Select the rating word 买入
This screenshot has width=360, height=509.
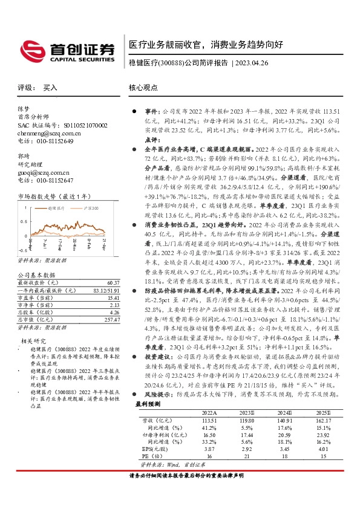(50, 88)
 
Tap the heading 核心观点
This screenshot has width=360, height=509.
(143, 88)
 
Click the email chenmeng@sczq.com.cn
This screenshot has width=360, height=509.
(45, 133)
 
